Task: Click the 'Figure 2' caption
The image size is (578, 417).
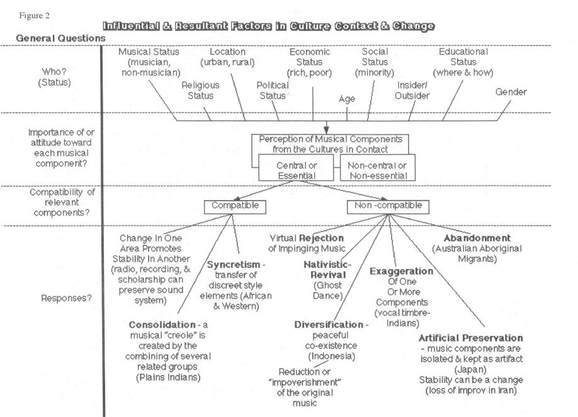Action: point(34,16)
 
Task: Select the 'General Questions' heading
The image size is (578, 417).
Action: point(61,38)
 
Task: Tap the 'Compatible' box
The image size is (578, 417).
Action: point(235,207)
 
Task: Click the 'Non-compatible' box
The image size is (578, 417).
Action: point(388,207)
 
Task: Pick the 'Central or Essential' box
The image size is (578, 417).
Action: point(297,167)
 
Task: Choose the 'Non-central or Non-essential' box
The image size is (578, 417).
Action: point(378,167)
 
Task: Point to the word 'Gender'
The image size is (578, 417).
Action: point(511,92)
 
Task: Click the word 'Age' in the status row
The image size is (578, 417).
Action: point(347,99)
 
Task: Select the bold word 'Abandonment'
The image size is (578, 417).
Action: point(477,238)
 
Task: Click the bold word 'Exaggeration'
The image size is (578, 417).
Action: point(402,271)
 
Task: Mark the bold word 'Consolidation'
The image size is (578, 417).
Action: point(162,325)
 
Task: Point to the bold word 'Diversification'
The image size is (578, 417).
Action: point(329,325)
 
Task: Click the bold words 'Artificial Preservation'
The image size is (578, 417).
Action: point(471,338)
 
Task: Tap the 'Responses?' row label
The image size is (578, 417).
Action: point(66,298)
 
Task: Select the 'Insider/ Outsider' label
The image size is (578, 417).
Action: point(412,91)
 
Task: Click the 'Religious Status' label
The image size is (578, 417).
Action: point(200,91)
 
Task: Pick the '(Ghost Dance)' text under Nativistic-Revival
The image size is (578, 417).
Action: point(327,291)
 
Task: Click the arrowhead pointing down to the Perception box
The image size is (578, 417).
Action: point(326,130)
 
